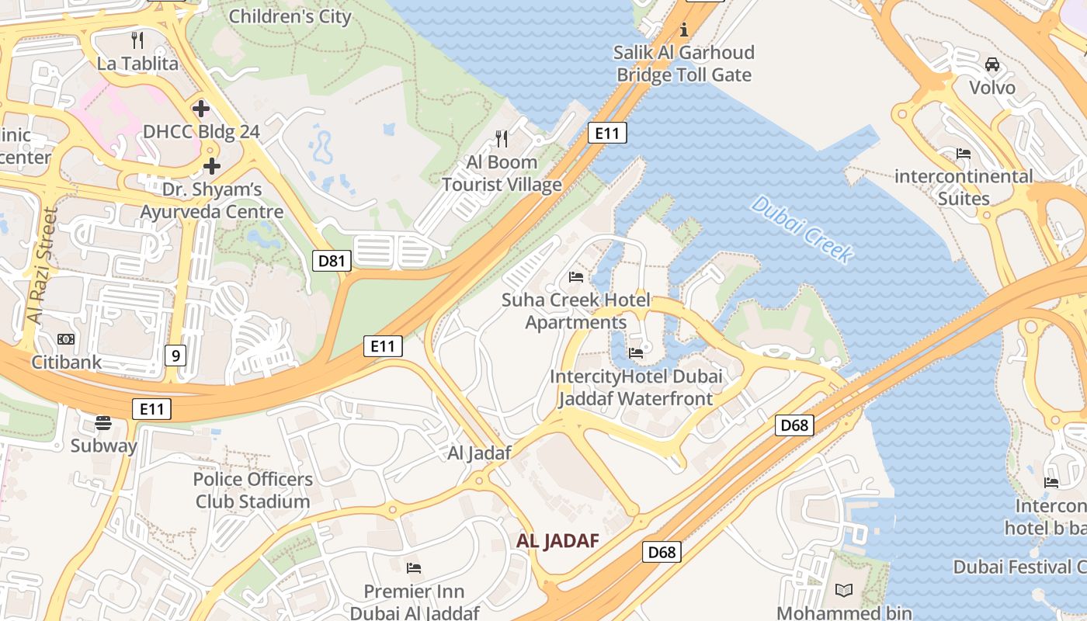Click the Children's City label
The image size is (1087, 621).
290,16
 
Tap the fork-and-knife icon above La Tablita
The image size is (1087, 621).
138,40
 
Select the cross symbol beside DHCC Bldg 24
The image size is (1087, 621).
201,108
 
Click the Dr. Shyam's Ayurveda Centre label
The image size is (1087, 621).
211,200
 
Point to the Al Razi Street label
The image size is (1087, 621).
43,265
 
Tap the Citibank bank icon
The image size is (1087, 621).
66,339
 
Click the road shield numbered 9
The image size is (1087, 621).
175,356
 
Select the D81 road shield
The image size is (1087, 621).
332,261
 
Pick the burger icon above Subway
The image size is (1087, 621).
103,423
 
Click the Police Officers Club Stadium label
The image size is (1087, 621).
253,490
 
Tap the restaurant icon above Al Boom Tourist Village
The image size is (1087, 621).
502,139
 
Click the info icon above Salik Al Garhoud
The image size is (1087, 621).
684,30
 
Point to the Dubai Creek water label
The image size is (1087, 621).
802,229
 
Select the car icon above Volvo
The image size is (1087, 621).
991,64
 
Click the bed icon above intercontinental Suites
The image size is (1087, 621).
964,154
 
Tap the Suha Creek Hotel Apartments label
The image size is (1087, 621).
576,310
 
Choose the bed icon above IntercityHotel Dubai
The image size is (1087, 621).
636,352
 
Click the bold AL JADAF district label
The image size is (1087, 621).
557,540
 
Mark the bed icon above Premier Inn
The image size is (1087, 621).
414,568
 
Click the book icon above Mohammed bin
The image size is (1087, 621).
844,590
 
